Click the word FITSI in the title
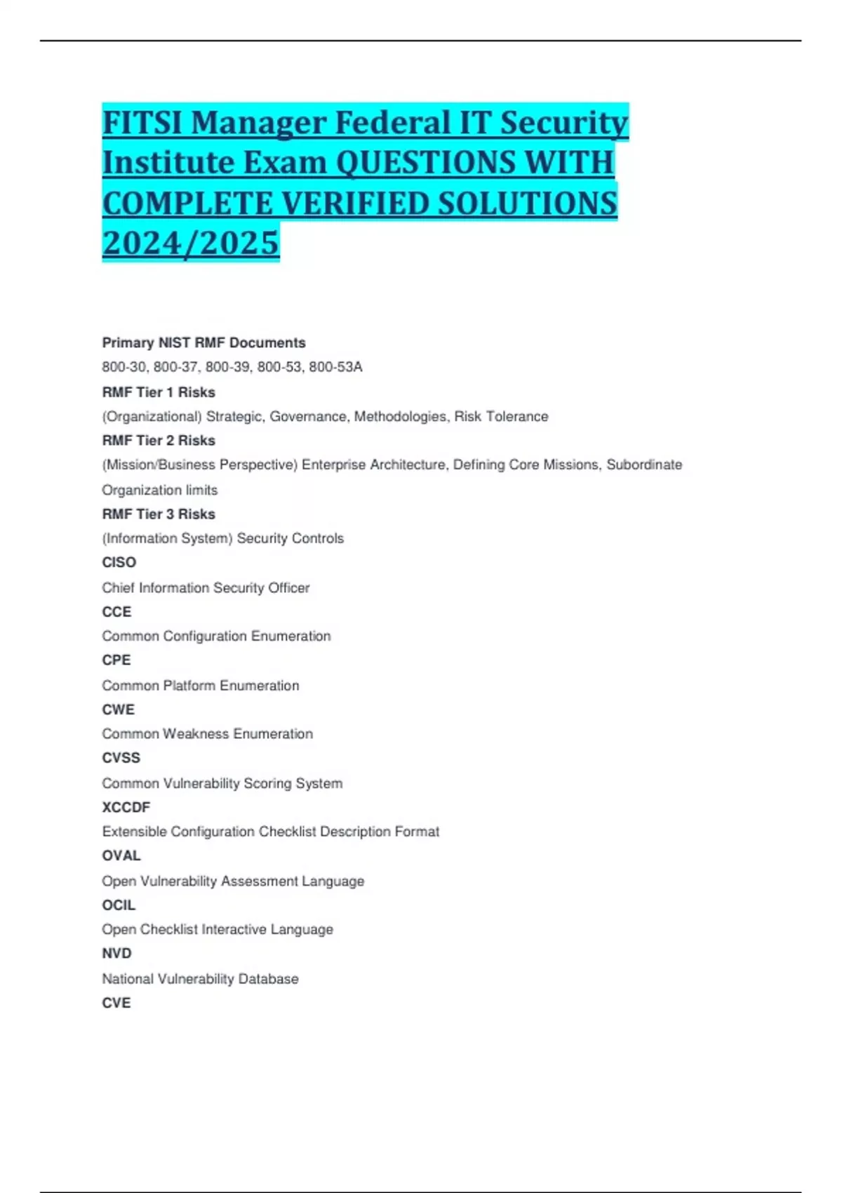(x=143, y=123)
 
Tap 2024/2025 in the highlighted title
(x=191, y=244)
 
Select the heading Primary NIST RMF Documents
(x=203, y=342)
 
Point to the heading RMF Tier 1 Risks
(x=159, y=392)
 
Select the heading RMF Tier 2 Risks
(x=159, y=441)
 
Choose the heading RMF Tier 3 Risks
(x=159, y=514)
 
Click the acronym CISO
(x=119, y=562)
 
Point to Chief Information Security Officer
(x=206, y=587)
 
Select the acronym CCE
(x=116, y=612)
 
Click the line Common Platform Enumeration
(x=201, y=686)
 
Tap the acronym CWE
(x=118, y=709)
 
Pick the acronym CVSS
(x=121, y=758)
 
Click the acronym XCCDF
(x=126, y=807)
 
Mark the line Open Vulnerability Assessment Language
(x=233, y=881)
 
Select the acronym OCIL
(x=119, y=905)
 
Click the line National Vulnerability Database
(x=200, y=978)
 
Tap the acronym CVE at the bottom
(x=116, y=1003)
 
